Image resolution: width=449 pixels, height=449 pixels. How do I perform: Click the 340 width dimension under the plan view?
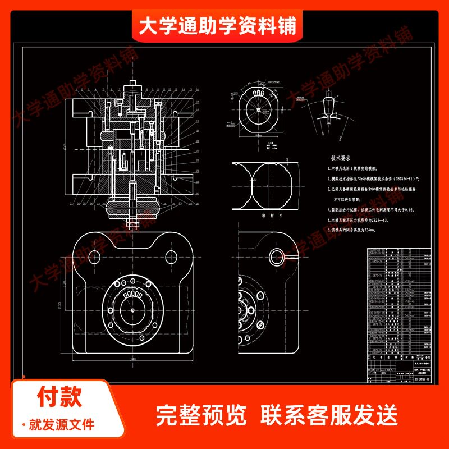pos(133,359)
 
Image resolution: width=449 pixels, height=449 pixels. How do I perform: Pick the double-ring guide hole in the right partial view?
pos(276,257)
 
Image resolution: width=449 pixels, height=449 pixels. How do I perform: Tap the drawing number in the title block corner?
pos(417,379)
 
